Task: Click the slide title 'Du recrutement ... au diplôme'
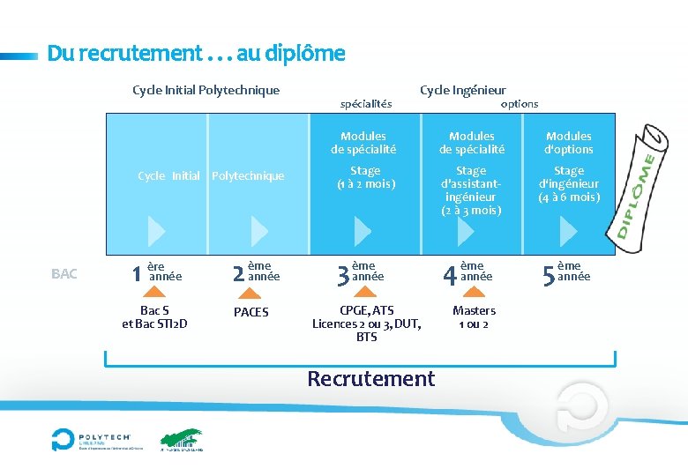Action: pyautogui.click(x=196, y=54)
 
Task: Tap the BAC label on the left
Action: pyautogui.click(x=64, y=274)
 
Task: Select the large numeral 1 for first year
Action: pyautogui.click(x=136, y=274)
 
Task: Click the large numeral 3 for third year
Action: pyautogui.click(x=343, y=276)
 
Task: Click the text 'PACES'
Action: pyautogui.click(x=251, y=312)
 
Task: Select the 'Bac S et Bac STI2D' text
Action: pyautogui.click(x=154, y=317)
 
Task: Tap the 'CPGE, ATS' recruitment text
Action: pyautogui.click(x=367, y=310)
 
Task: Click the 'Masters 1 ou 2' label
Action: pyautogui.click(x=474, y=317)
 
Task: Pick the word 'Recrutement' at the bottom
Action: pyautogui.click(x=370, y=379)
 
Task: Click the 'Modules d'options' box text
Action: pyautogui.click(x=569, y=143)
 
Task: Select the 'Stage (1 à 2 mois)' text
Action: pyautogui.click(x=365, y=177)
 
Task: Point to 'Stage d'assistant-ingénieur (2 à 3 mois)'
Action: pyautogui.click(x=471, y=190)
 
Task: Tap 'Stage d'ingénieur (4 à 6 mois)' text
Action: pyautogui.click(x=569, y=184)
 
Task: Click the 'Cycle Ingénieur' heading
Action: pyautogui.click(x=462, y=90)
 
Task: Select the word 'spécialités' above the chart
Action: pyautogui.click(x=366, y=104)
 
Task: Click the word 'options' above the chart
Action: pyautogui.click(x=519, y=104)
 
